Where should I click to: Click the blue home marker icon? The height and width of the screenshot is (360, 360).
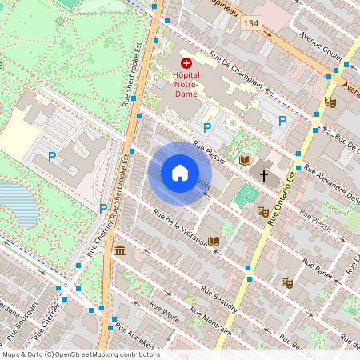coord(180,174)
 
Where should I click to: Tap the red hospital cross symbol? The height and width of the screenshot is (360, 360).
coord(186,62)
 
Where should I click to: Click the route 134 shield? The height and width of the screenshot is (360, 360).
coord(253,26)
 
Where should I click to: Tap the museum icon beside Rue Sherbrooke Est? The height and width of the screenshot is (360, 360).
coord(120,252)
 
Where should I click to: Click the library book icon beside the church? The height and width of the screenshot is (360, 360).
coord(245,160)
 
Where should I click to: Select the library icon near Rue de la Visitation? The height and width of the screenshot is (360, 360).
coord(214,240)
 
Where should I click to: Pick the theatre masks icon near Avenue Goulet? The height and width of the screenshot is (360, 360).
coord(330,102)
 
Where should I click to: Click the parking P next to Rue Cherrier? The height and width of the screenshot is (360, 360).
coord(103,209)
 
